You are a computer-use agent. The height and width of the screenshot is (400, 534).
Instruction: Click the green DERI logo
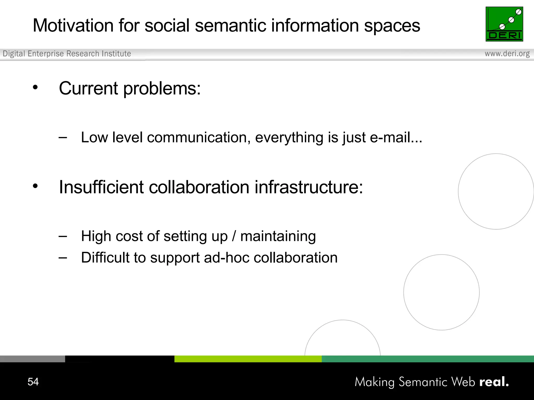click(504, 24)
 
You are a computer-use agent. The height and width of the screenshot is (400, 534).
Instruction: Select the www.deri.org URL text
click(507, 54)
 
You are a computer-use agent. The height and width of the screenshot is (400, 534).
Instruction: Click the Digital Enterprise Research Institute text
click(67, 54)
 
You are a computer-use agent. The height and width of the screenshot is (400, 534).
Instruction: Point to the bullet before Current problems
click(35, 87)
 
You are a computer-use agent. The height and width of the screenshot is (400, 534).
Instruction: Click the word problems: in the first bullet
click(162, 89)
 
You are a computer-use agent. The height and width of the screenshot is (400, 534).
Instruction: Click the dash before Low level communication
click(63, 137)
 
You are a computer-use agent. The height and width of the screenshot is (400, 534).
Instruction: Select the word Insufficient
click(101, 187)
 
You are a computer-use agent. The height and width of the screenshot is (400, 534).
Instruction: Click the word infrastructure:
click(308, 187)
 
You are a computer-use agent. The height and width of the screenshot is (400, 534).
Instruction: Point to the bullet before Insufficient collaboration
click(35, 186)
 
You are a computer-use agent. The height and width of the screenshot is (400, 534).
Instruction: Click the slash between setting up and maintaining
click(234, 236)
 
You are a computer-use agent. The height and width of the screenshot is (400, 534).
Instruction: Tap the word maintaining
click(278, 236)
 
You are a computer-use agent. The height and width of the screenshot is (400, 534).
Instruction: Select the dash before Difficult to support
click(63, 258)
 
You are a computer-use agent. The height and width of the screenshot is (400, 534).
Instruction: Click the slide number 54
click(33, 382)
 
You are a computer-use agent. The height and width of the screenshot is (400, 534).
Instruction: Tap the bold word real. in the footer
click(494, 382)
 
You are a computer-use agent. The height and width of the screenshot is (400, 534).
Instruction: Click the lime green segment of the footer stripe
click(248, 359)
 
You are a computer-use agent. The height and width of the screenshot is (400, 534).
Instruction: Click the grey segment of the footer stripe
click(32, 359)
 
